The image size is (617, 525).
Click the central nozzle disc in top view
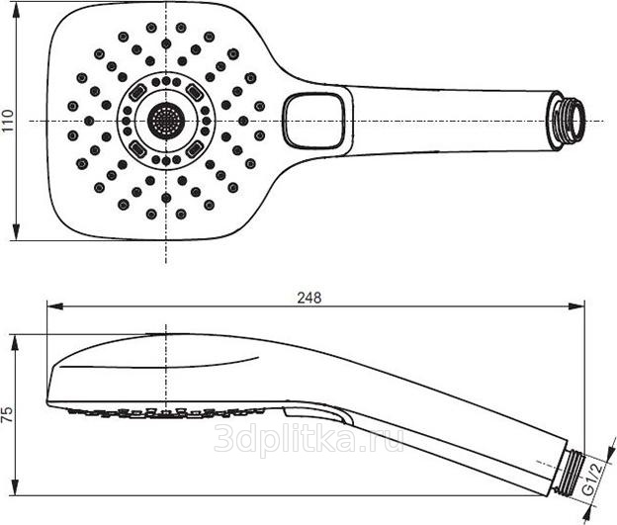coord(165,121)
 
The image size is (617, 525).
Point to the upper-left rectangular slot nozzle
coord(136,92)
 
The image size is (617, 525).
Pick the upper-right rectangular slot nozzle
coord(194,92)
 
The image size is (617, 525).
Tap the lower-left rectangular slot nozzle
coord(136,149)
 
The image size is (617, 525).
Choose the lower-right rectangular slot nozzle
coord(194,149)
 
